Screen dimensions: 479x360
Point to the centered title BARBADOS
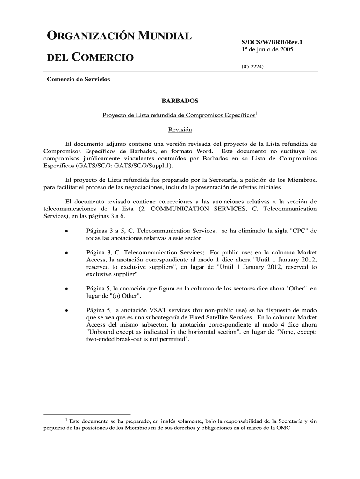tap(180, 101)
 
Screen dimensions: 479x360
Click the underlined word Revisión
tap(180, 130)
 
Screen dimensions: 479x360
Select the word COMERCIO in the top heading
tap(101, 58)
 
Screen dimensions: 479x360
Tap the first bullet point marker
tap(68, 231)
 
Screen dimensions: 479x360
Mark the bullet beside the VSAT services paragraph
tap(68, 310)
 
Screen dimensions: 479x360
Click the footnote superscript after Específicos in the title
tap(257, 113)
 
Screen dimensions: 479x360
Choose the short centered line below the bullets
tap(180, 363)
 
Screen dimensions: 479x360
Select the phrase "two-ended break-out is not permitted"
tap(138, 339)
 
